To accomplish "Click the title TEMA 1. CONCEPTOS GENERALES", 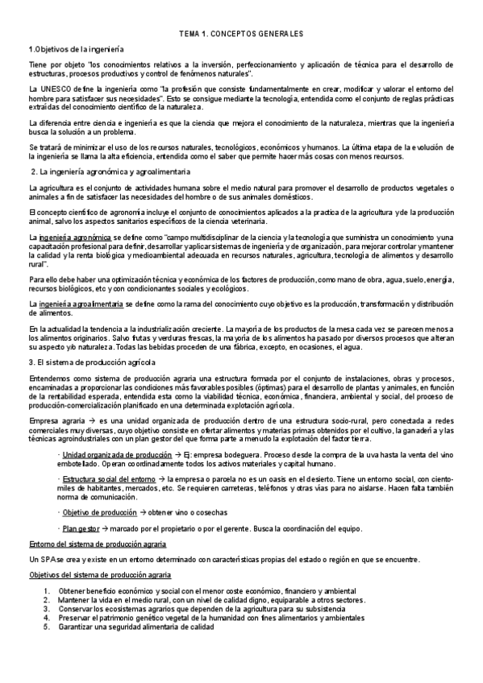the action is [240, 35].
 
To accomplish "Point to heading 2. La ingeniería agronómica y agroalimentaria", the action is [110, 173].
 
